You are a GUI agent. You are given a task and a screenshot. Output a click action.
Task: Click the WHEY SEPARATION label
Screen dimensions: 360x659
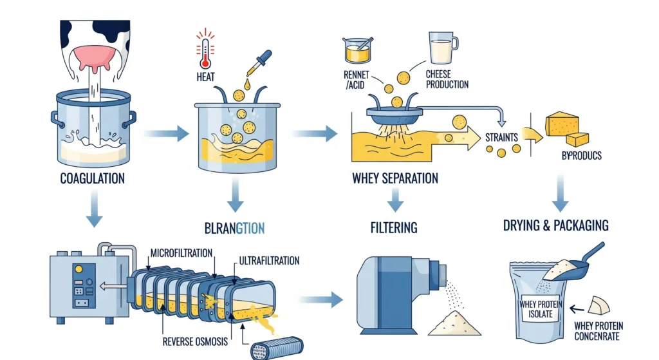[x=395, y=177]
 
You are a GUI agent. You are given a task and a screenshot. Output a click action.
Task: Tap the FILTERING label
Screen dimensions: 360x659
[x=394, y=227]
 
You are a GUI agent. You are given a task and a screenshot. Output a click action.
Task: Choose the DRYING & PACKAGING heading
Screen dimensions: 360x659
[x=556, y=225]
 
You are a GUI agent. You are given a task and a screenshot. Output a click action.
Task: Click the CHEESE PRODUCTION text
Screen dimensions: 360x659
[x=447, y=79]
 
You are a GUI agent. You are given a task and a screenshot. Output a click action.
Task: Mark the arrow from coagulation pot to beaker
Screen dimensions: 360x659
[x=165, y=134]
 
